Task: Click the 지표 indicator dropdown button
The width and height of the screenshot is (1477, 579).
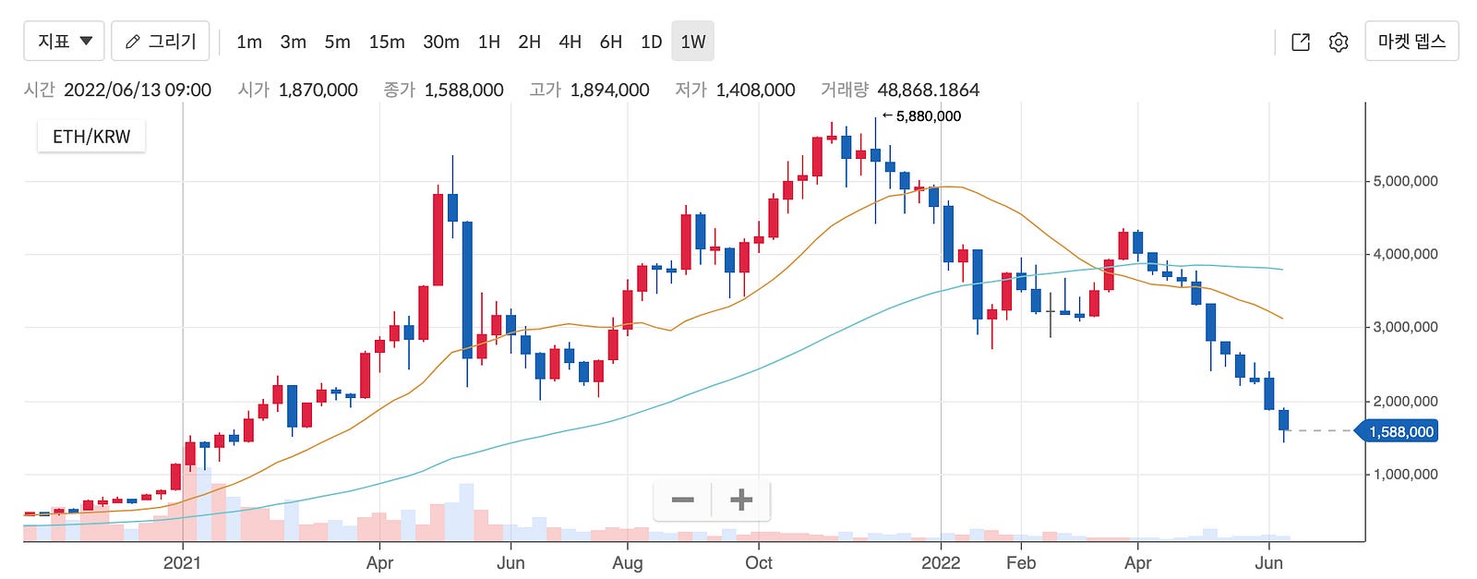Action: click(64, 42)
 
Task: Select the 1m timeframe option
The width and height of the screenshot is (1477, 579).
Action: click(249, 42)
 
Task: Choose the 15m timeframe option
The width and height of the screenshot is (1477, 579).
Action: click(387, 42)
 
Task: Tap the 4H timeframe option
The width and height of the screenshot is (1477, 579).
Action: click(570, 42)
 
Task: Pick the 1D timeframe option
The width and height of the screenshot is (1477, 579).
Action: click(651, 42)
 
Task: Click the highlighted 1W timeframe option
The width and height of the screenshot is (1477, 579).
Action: click(692, 42)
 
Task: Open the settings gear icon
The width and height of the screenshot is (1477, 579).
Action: click(1339, 42)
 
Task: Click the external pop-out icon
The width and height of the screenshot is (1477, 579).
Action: click(1301, 42)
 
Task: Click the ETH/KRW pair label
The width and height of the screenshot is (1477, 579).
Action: click(91, 137)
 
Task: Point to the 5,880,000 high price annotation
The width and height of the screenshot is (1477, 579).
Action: click(927, 116)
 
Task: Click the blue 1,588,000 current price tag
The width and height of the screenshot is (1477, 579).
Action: click(1400, 431)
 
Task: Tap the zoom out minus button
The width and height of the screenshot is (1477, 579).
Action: click(683, 501)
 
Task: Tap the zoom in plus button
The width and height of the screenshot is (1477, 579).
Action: click(740, 501)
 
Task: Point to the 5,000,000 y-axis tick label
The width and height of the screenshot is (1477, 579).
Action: click(1405, 181)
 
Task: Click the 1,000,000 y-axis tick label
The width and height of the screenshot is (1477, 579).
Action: click(1405, 475)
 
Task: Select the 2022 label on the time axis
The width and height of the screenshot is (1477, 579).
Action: click(941, 562)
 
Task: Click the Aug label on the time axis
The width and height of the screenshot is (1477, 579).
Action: click(628, 562)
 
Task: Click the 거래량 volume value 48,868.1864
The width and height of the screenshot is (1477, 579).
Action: click(928, 90)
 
